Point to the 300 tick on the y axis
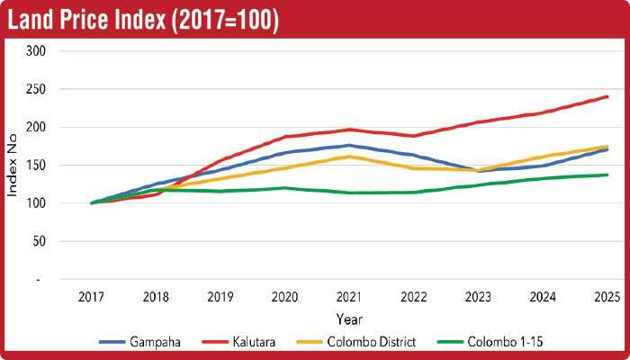[35, 51]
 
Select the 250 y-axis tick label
[35, 89]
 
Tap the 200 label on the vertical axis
[35, 127]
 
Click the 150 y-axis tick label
[35, 166]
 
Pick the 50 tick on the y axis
[38, 242]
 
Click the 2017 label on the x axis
[92, 297]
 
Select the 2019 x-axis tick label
[220, 297]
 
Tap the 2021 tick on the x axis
[349, 297]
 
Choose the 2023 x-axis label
[478, 297]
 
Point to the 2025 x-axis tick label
[607, 297]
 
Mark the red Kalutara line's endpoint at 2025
[607, 96]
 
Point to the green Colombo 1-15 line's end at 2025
[607, 175]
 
